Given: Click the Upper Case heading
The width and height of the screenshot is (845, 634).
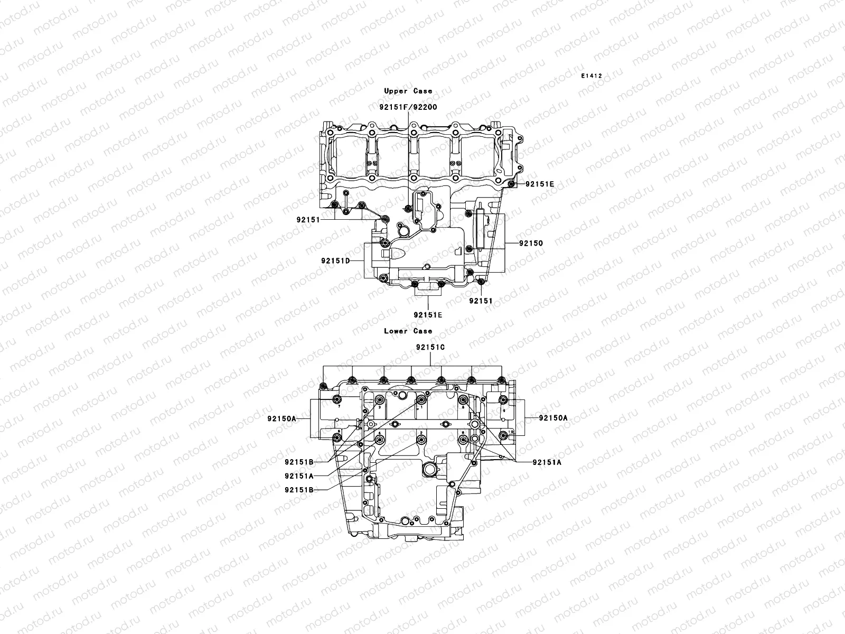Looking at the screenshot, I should coord(408,91).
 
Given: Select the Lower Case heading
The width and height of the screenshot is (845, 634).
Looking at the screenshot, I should coord(408,331).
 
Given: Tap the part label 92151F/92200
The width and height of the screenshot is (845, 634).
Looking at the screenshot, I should coord(408,107).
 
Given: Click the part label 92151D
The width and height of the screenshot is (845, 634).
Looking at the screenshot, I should coord(335,261).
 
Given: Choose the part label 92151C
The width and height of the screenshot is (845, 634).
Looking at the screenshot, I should coord(430,347).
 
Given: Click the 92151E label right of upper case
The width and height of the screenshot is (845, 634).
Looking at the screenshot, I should coord(540,184).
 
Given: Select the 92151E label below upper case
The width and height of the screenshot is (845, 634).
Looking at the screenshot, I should coord(428,315).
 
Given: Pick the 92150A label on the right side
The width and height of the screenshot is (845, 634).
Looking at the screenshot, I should coord(553,417).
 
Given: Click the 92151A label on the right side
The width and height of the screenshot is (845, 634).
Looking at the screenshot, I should coord(547,462).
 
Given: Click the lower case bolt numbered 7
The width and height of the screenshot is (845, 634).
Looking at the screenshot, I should coord(337,399).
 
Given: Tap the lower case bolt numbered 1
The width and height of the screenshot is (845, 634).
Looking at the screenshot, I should coord(421,399).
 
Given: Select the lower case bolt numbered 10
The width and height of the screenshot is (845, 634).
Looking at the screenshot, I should coord(503,435).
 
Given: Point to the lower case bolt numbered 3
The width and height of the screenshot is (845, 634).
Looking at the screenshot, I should coord(380,399).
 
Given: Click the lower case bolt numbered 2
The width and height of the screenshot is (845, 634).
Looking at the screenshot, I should coord(421,440).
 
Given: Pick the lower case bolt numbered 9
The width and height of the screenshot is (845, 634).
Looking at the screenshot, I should coord(503,399).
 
